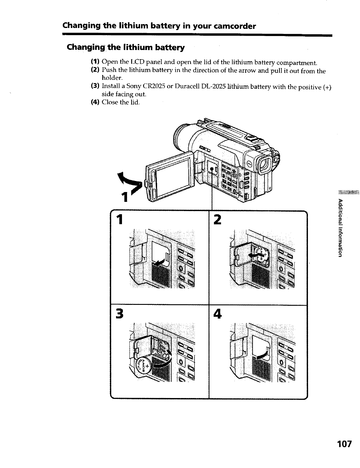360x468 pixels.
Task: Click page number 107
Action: pos(344,444)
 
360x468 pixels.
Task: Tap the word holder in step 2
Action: pos(112,78)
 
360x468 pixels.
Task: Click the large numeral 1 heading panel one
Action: pos(120,220)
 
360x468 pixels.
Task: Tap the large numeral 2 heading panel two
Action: pos(218,220)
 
